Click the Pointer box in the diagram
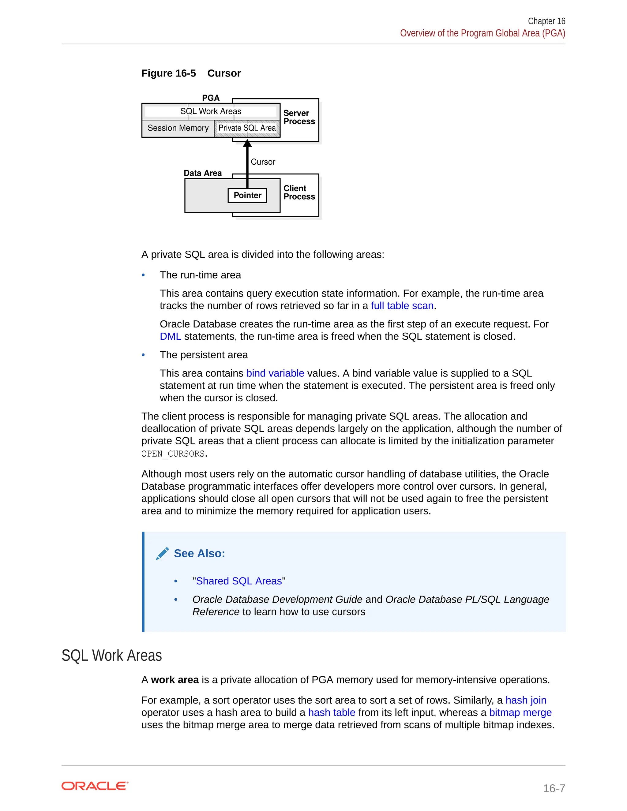(x=247, y=195)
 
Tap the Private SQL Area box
(x=247, y=128)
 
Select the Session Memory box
(x=178, y=128)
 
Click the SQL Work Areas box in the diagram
(x=211, y=111)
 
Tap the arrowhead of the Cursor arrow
(x=247, y=143)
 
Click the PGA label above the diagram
(x=211, y=98)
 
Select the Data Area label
(x=202, y=173)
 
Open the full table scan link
(x=402, y=306)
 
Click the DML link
(x=170, y=336)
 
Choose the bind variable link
(x=275, y=373)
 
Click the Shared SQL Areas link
(x=239, y=581)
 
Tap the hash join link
(x=526, y=700)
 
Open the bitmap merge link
(x=520, y=712)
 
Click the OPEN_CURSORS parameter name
(x=173, y=454)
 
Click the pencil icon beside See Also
(x=162, y=554)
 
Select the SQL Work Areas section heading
(x=111, y=656)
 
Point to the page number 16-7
(x=554, y=788)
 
